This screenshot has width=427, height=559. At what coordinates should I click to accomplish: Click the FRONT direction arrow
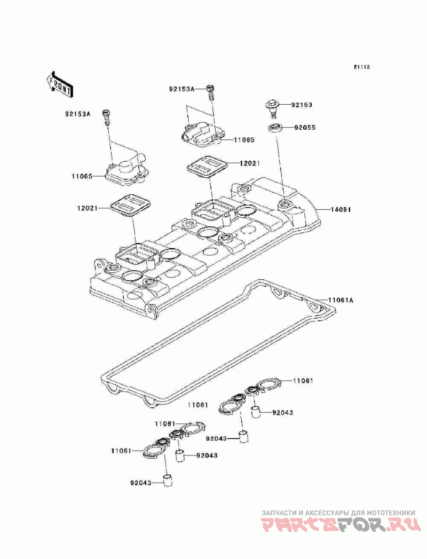coord(60,84)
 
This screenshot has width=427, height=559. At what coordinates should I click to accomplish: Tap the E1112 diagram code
coord(362,67)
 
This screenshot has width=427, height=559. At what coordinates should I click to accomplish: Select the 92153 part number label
coord(302,105)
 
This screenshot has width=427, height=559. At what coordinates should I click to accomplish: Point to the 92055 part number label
coord(305,127)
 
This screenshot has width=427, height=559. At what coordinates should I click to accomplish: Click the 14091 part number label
coord(341,210)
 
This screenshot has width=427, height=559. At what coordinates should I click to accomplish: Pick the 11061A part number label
coord(341,300)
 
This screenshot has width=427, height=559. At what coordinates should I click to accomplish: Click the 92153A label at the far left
coord(78,114)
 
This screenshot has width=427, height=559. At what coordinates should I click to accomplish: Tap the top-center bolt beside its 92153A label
coord(211,93)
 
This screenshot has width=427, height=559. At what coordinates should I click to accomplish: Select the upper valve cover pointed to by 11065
coord(201,135)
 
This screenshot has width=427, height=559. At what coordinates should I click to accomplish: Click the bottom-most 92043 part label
coord(141,483)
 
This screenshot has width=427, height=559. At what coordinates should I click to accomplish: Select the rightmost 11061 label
coord(303,381)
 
